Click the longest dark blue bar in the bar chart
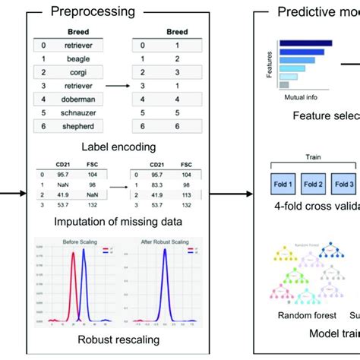tap(304, 44)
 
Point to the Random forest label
tap(296, 314)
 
